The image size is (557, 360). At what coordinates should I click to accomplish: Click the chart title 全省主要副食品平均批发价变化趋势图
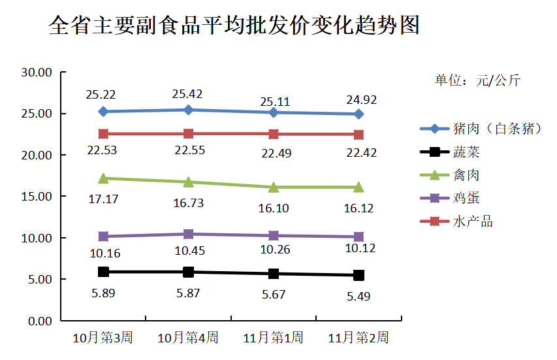click(234, 26)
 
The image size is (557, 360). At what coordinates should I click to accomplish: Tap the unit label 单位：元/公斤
click(477, 81)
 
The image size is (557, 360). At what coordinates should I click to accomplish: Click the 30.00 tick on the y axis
click(36, 73)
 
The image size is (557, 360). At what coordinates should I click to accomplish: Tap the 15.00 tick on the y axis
click(36, 197)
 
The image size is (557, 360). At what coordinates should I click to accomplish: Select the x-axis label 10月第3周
click(103, 338)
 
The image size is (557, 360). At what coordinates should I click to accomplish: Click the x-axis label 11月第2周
click(358, 338)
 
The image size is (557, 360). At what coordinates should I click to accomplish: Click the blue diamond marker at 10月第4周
click(188, 110)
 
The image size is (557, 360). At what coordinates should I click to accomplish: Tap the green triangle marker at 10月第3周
click(103, 178)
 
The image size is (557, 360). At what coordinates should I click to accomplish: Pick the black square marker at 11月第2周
click(358, 275)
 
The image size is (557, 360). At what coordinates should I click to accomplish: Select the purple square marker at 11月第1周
click(274, 235)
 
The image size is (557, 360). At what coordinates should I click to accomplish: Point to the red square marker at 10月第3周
click(103, 134)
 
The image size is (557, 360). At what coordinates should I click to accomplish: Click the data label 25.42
click(188, 94)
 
